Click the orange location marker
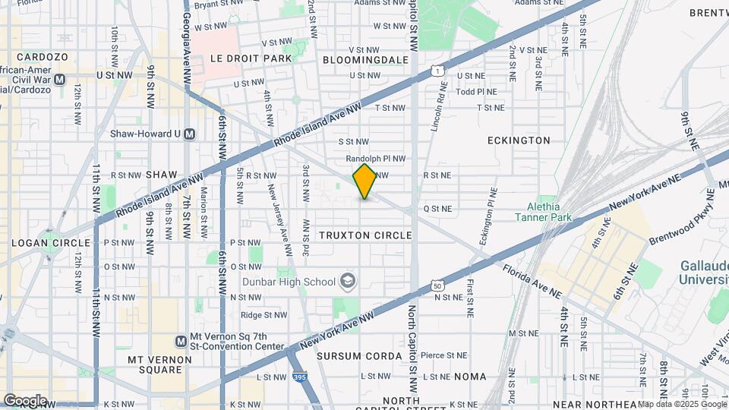coord(364,181)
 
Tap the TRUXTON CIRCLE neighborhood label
coord(365,235)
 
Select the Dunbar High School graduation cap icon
coord(347,282)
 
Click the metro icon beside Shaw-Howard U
coord(190,134)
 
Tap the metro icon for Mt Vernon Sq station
coord(181,342)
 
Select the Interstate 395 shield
coord(298,377)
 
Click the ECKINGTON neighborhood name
coord(519,140)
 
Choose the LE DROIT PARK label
coord(240,58)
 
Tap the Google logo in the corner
coord(25,400)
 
